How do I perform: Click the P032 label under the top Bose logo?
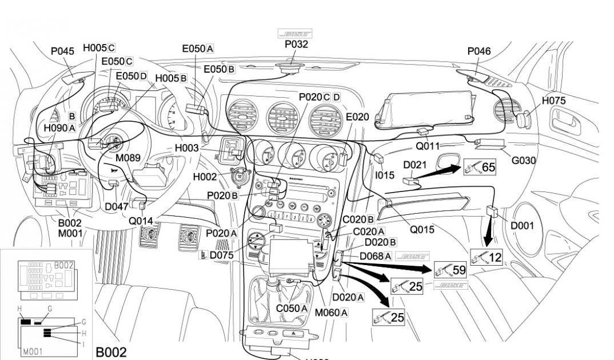(296, 45)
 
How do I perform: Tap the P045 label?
(63, 51)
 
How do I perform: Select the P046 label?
(479, 51)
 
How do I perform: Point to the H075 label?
(553, 101)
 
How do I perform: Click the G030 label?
(524, 160)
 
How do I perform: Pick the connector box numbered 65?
(480, 167)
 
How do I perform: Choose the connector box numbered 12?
(486, 257)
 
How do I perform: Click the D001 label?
(523, 225)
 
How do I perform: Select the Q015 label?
(421, 230)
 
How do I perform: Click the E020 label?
(358, 117)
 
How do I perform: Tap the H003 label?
(187, 149)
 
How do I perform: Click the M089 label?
(127, 157)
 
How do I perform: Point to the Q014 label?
(141, 221)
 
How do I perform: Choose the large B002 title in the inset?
(111, 351)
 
